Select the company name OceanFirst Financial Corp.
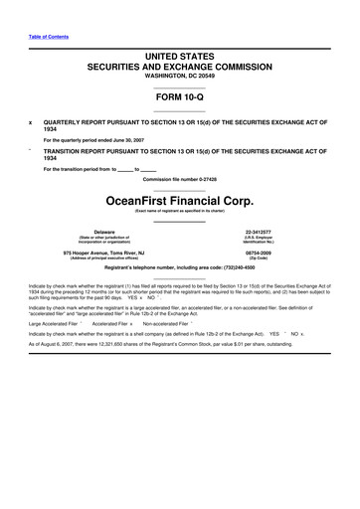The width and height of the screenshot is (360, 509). click(179, 198)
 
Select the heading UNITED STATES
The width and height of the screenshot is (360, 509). click(179, 50)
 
